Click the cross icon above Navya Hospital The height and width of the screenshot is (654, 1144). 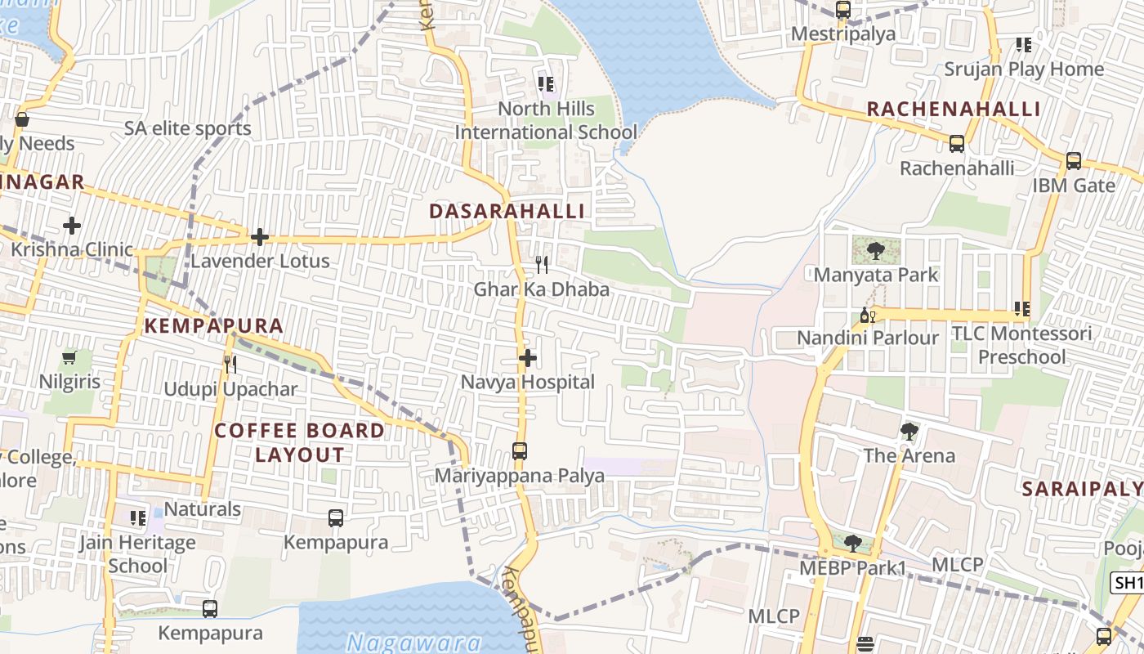[528, 358]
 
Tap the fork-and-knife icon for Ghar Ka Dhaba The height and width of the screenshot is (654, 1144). [541, 264]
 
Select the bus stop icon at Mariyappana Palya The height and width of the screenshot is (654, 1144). [519, 450]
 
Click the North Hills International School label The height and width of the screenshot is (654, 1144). [546, 120]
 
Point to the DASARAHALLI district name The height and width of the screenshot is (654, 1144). [507, 211]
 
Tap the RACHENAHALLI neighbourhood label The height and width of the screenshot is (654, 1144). [954, 109]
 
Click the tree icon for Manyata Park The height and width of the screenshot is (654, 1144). [876, 249]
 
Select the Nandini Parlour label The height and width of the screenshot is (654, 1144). [868, 338]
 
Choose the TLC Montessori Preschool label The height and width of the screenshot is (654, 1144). [1021, 345]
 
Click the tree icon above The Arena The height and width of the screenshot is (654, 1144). [909, 431]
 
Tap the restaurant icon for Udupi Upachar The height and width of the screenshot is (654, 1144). [230, 364]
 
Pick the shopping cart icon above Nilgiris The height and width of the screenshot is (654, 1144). [69, 357]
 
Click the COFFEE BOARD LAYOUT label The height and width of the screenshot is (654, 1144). [299, 442]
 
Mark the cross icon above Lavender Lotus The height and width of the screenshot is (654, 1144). [260, 237]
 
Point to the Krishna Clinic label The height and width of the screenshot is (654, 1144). [72, 249]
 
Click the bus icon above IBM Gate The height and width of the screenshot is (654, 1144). [1074, 161]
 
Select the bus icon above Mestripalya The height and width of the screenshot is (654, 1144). [843, 10]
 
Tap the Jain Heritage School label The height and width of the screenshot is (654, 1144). [137, 553]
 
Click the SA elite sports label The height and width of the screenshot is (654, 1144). [188, 128]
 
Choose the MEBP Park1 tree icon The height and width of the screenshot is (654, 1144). [852, 542]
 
